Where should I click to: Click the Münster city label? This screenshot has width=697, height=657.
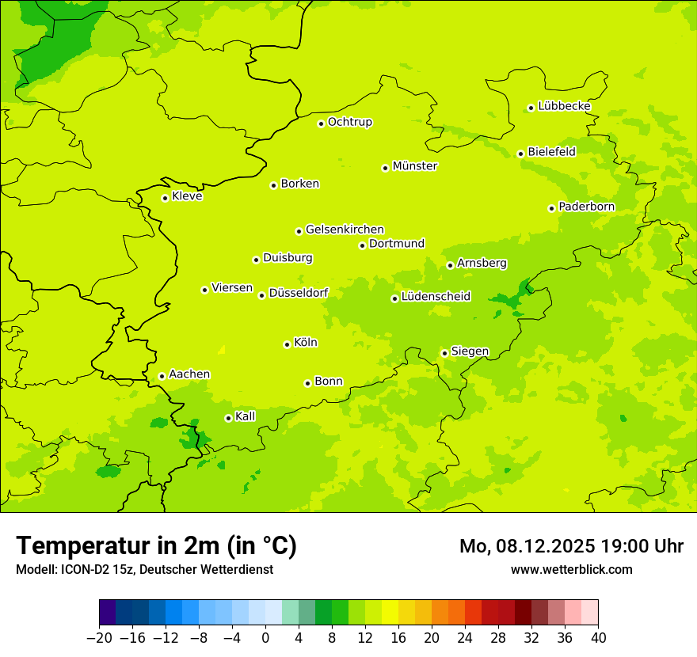[414, 166]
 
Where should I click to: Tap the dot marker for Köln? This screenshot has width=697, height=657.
[287, 344]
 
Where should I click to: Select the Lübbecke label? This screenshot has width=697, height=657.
[564, 106]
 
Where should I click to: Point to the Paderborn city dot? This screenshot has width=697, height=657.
[551, 208]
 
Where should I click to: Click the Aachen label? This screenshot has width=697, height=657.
[189, 374]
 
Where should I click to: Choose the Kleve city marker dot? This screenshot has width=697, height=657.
[165, 198]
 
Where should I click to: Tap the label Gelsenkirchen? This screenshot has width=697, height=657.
[345, 230]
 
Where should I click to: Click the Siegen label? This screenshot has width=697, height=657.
[470, 351]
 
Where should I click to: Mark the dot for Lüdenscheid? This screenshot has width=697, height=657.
[394, 298]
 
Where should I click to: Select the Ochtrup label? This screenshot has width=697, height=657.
[349, 122]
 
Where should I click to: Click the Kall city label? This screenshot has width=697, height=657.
[245, 416]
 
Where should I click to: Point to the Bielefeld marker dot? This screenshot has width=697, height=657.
[520, 154]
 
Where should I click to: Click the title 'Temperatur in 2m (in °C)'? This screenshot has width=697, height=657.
[156, 545]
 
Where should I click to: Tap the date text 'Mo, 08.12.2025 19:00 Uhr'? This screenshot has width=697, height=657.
[571, 546]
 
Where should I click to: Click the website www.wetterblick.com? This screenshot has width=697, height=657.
[571, 569]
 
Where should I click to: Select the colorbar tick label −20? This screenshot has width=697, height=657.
[99, 638]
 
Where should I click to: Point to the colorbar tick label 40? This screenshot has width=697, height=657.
[598, 638]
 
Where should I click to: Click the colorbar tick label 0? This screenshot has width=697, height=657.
[265, 638]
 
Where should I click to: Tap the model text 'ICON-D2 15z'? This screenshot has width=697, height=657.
[99, 569]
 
